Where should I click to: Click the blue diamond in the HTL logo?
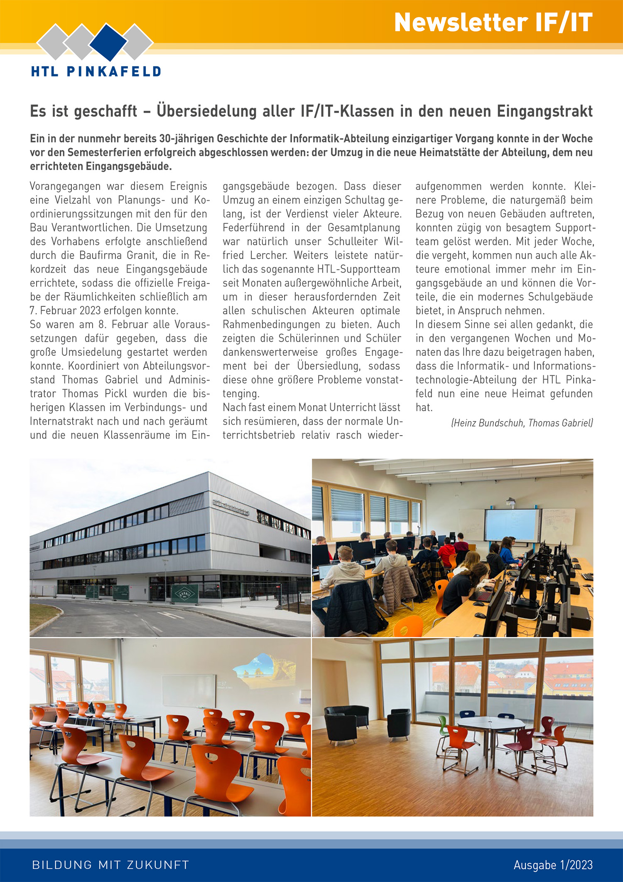[x=108, y=42]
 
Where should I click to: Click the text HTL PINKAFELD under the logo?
[x=96, y=71]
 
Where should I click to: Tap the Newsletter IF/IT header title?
[x=493, y=22]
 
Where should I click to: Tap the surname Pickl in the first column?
[x=116, y=394]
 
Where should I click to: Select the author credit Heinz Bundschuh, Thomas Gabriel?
[x=522, y=423]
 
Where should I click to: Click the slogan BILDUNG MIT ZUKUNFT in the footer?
[x=110, y=865]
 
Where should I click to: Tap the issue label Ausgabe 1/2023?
[x=553, y=865]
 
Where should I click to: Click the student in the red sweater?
[x=447, y=550]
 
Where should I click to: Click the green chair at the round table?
[x=443, y=724]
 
